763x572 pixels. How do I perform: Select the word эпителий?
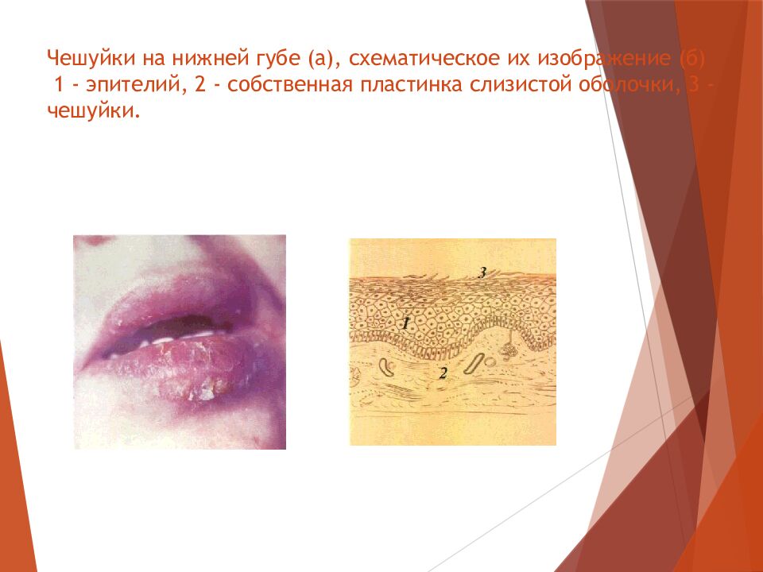tap(124, 85)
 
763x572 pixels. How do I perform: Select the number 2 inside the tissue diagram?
tap(443, 373)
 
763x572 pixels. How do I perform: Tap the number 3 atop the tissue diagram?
tap(482, 272)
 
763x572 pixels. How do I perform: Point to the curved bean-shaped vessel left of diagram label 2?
tap(389, 366)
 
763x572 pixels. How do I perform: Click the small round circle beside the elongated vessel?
tap(490, 359)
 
